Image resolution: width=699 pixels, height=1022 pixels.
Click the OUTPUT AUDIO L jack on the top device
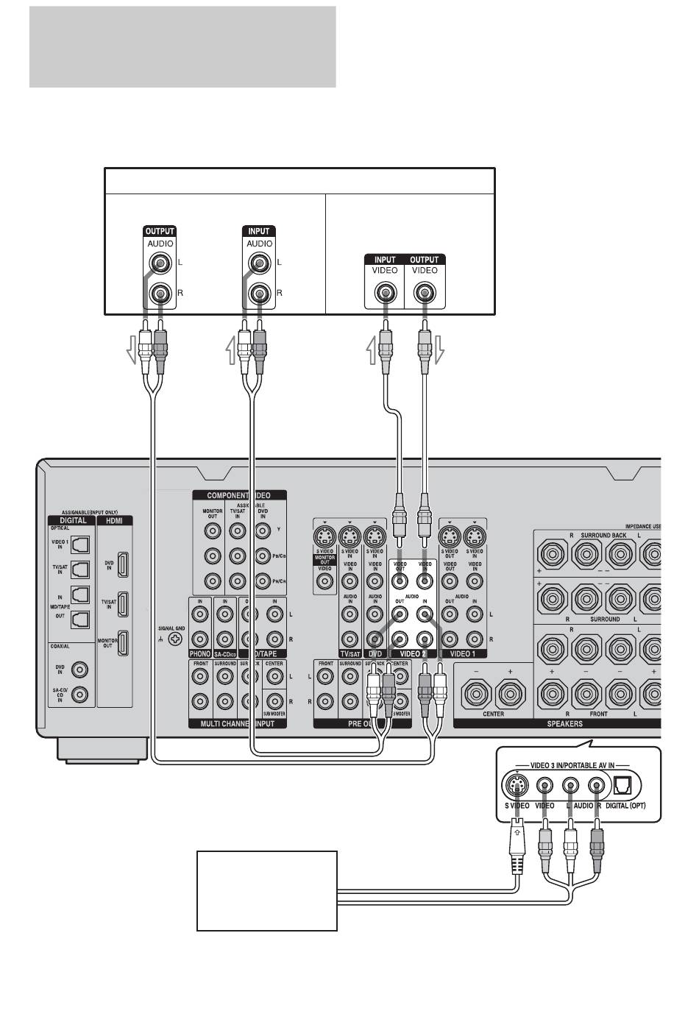click(x=160, y=263)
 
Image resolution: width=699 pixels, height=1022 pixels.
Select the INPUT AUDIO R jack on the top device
click(x=259, y=294)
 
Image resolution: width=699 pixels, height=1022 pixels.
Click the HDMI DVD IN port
click(x=124, y=564)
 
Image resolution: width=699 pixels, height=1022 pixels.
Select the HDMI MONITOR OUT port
click(x=124, y=642)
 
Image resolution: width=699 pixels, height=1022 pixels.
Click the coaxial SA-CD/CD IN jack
click(x=81, y=693)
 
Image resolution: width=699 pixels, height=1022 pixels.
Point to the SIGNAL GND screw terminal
click(x=175, y=639)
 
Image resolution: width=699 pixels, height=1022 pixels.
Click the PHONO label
click(x=200, y=653)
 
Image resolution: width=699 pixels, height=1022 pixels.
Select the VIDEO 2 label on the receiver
click(x=413, y=653)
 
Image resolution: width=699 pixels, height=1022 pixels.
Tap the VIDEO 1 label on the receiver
click(x=462, y=653)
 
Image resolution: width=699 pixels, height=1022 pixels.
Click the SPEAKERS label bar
click(x=564, y=723)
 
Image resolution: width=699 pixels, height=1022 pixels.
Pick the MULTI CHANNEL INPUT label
click(x=238, y=723)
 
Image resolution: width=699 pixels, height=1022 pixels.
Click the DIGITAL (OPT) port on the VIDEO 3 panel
click(x=620, y=786)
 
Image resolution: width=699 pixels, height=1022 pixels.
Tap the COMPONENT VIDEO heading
click(x=238, y=495)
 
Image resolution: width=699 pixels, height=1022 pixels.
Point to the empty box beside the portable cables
click(x=266, y=890)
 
